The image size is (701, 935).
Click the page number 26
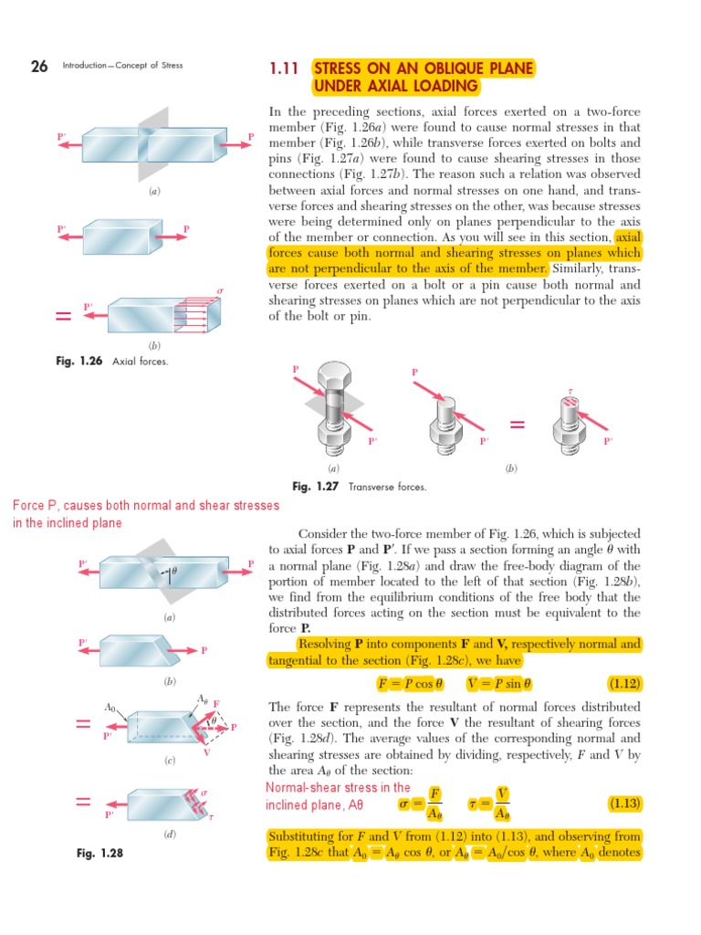[38, 65]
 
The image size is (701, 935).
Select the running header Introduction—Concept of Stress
[122, 66]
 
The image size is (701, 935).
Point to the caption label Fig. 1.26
[79, 362]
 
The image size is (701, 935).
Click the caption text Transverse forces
[387, 487]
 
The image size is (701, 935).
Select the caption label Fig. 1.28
[99, 853]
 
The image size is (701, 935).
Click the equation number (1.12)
[625, 683]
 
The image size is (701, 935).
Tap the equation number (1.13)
[625, 804]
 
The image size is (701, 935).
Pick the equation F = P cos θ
[410, 683]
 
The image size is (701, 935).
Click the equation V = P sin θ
[498, 683]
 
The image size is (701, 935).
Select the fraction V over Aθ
[502, 804]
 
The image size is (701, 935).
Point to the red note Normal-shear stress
[338, 796]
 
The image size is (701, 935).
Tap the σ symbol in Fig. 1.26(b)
[219, 290]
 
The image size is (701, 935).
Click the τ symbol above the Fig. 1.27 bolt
[570, 390]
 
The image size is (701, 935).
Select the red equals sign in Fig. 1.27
[518, 424]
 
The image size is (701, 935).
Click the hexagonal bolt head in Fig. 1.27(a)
[333, 376]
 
